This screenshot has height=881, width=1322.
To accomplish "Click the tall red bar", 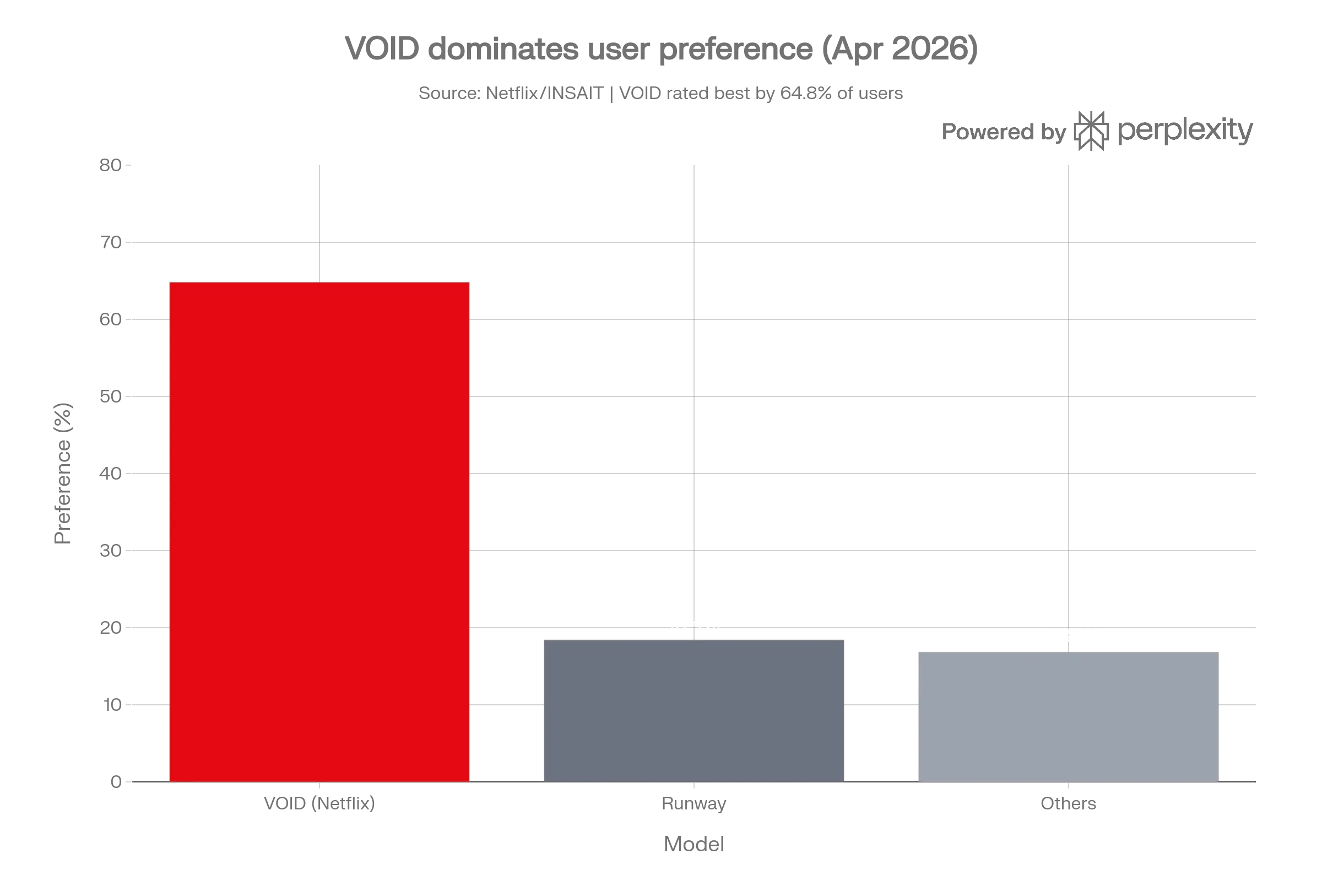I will (x=319, y=531).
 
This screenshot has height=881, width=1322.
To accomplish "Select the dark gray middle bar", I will (x=693, y=710).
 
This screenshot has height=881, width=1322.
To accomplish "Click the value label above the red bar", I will (x=319, y=265).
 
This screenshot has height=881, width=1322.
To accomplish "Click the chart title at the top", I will (x=661, y=51).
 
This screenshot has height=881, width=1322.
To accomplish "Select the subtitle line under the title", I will (x=661, y=93).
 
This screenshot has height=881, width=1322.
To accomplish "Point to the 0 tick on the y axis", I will (x=117, y=782).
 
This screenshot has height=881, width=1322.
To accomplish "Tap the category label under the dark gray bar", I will (x=693, y=803).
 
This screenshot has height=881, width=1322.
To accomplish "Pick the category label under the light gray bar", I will (x=1068, y=803).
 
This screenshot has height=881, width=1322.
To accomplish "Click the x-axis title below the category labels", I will (x=693, y=845).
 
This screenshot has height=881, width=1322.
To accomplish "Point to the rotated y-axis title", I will (x=63, y=473).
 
